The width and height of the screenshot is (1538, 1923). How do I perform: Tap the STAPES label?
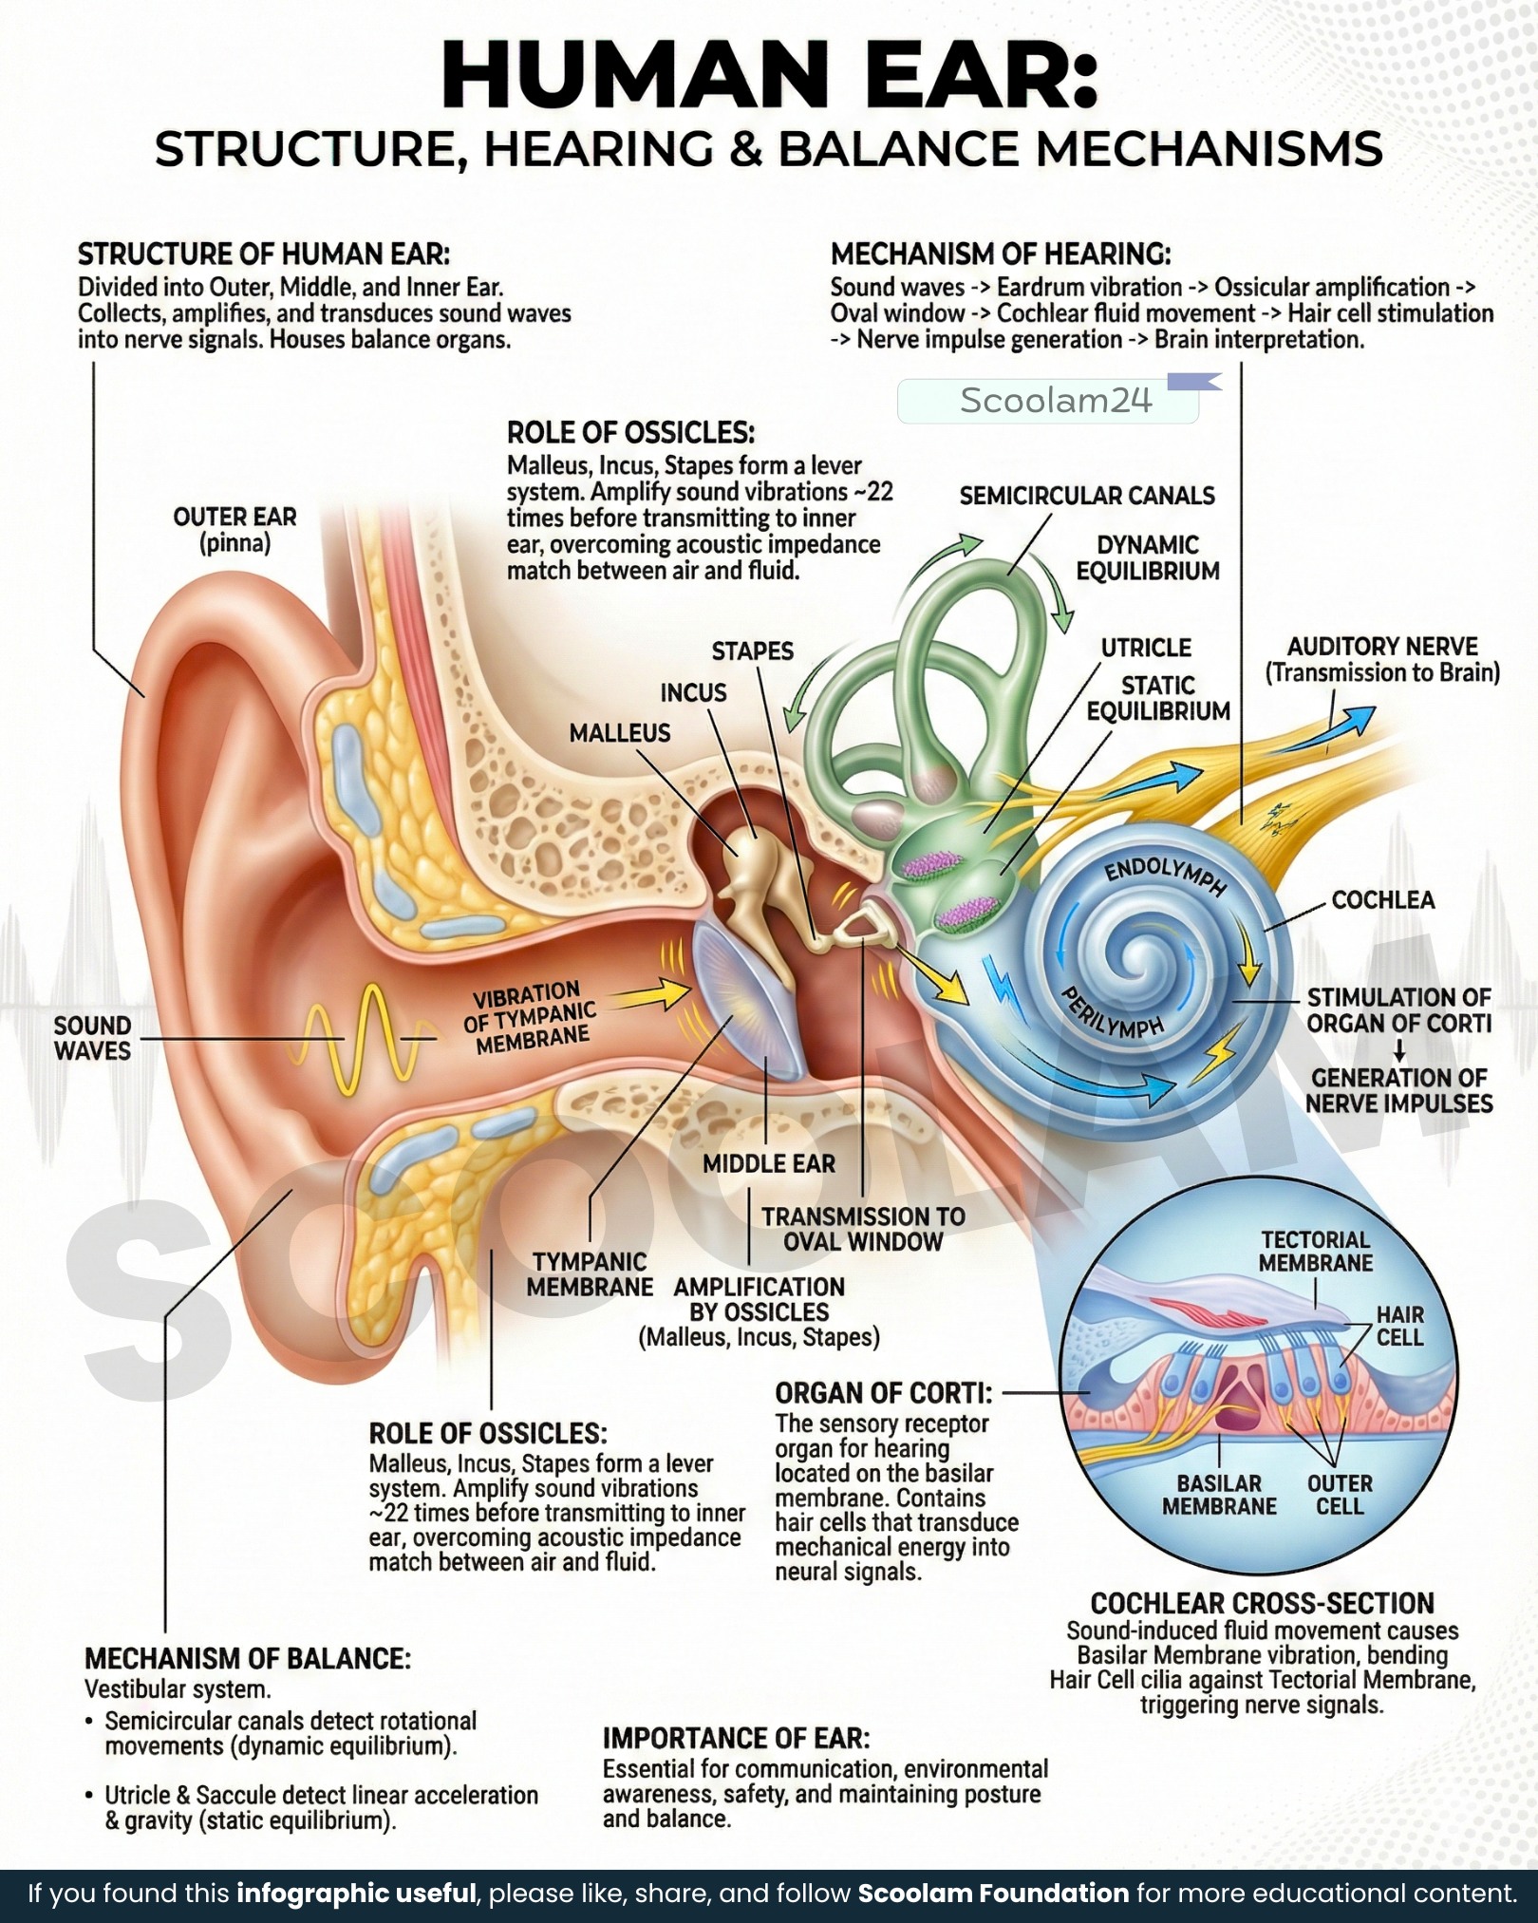click(753, 650)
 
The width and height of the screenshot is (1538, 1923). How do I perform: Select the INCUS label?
click(694, 692)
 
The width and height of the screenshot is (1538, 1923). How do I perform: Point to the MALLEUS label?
click(620, 732)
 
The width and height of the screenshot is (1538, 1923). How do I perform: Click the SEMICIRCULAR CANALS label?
click(1087, 496)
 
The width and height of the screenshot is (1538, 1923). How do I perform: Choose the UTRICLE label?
click(1146, 648)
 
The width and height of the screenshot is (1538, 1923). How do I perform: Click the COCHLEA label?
click(1383, 899)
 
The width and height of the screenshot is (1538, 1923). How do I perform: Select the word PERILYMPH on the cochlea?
click(1112, 1012)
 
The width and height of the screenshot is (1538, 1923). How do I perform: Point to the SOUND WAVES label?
click(92, 1038)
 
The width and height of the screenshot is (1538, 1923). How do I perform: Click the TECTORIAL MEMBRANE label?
click(1316, 1251)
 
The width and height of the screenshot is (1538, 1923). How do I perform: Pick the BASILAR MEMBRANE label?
click(1219, 1495)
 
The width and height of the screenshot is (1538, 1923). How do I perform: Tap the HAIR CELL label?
click(1400, 1326)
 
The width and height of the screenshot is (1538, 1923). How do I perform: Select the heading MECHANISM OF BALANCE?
click(248, 1658)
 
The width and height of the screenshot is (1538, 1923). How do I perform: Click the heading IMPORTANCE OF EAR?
click(736, 1738)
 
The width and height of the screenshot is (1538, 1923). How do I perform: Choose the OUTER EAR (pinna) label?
click(234, 530)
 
